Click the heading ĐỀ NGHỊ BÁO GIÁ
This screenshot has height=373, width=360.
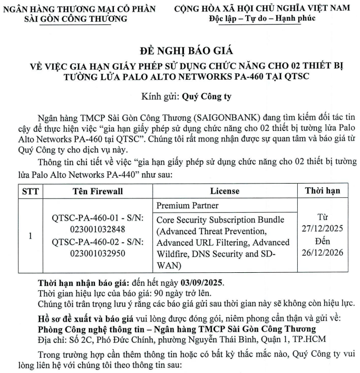(179, 51)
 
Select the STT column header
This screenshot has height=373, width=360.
(30, 190)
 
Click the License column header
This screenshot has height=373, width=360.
(225, 190)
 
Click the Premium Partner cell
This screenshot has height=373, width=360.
(188, 205)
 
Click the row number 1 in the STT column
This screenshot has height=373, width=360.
(30, 236)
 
